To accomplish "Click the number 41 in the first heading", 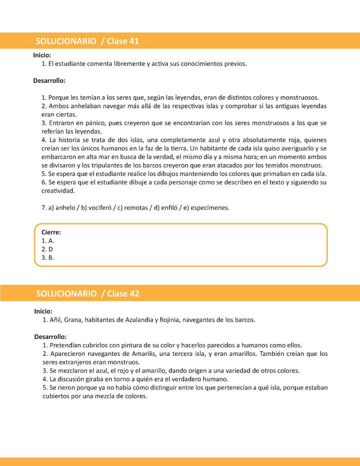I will click(134, 41).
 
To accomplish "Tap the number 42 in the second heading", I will click(134, 293).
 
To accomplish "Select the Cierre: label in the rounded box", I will click(51, 232).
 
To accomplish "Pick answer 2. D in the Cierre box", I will click(47, 249).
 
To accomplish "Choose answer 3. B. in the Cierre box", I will click(47, 257).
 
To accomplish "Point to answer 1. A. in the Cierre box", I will click(47, 241).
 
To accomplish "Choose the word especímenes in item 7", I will click(211, 208).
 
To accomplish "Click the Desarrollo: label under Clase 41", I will click(49, 80).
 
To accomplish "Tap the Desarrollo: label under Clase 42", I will click(50, 336).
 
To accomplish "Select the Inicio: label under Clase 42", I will click(43, 311).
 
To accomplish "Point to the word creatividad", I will click(58, 191).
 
